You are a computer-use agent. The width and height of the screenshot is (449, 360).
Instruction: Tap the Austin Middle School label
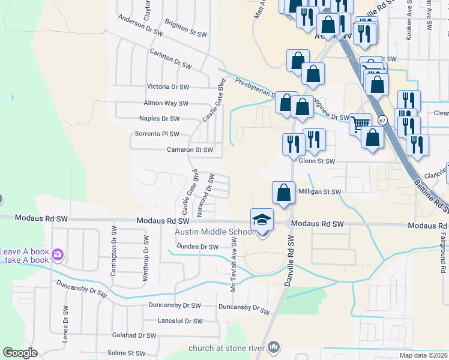pos(214,232)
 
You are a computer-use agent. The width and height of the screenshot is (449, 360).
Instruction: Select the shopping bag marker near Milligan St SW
pos(283,193)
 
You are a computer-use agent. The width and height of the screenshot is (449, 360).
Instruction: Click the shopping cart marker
pos(360,124)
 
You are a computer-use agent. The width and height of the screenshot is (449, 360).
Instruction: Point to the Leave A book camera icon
pos(57,255)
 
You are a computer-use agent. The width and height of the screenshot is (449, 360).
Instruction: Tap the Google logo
pos(20,353)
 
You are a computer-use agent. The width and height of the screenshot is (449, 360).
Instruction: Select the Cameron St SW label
pos(190,149)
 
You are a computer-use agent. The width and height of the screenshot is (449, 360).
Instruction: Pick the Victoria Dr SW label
pos(167,87)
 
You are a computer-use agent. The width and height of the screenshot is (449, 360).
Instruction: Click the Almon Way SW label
pos(166,103)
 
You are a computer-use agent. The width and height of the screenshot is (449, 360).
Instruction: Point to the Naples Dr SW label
pos(159,119)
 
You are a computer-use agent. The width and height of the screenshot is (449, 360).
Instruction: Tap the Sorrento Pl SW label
pos(157,134)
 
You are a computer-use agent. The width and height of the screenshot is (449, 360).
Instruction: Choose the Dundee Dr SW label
pos(197,247)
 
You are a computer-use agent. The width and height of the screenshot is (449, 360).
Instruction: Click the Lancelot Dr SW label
pos(178,320)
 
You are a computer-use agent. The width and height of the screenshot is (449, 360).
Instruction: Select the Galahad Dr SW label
pos(138,335)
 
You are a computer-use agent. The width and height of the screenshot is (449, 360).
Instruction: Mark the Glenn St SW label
pos(317,161)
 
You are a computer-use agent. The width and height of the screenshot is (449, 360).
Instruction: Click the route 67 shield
pos(382,120)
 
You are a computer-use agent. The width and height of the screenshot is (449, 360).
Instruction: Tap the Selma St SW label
pos(126,353)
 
